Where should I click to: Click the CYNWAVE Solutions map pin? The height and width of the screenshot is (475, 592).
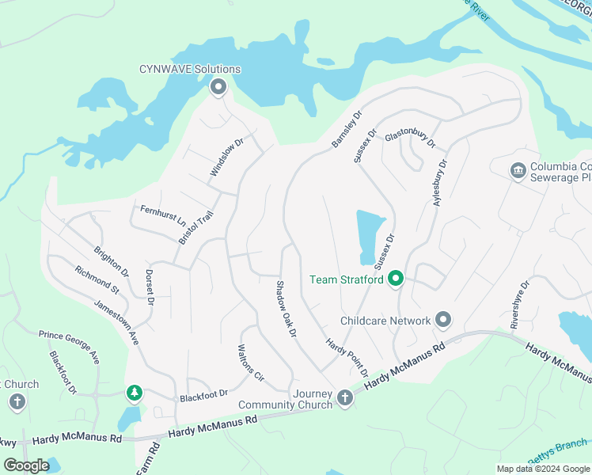[218, 87]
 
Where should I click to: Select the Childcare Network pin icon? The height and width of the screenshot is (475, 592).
[443, 321]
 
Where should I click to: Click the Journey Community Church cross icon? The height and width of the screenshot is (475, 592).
[344, 397]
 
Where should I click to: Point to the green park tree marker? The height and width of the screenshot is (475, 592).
[135, 392]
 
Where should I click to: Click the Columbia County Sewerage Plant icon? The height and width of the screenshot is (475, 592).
[518, 170]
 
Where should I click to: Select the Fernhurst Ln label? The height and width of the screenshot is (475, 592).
[162, 215]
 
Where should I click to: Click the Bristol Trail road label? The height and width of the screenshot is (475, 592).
[196, 226]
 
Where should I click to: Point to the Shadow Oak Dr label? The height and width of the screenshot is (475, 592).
[286, 310]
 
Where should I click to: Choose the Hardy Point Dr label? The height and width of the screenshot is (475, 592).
[348, 357]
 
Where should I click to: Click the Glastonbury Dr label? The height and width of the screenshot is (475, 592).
[410, 139]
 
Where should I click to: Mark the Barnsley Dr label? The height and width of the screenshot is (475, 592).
[346, 128]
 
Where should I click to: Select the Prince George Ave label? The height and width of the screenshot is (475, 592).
[70, 347]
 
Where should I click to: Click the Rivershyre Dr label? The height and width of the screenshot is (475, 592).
[518, 305]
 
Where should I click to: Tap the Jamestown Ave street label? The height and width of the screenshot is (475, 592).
[116, 321]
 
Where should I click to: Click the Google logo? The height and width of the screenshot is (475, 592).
[27, 465]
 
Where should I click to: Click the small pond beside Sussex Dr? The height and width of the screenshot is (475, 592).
[369, 235]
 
